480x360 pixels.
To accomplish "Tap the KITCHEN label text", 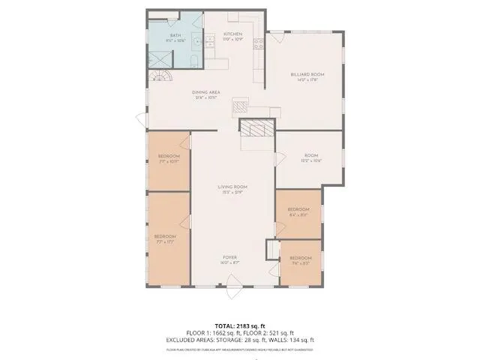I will [x=232, y=35].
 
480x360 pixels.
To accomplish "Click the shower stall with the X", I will [x=159, y=58].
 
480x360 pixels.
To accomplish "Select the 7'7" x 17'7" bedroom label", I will [x=165, y=238].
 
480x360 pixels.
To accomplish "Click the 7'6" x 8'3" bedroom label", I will [x=300, y=260].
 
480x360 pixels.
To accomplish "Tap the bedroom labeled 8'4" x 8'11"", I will [x=298, y=211].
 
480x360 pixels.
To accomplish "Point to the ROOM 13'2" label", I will [x=311, y=157].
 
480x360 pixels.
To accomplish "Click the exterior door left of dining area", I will [x=140, y=119].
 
